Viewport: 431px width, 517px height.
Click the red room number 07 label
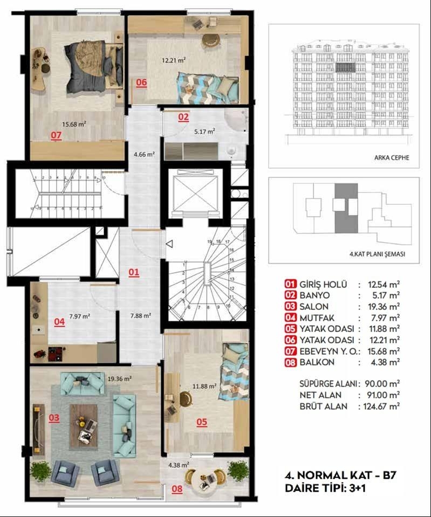(56, 135)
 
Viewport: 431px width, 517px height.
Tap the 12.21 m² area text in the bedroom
(174, 61)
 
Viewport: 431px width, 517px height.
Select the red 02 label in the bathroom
(183, 116)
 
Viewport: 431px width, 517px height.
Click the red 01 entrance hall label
(134, 272)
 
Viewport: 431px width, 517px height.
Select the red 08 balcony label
(177, 490)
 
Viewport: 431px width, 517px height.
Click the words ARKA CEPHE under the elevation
(392, 158)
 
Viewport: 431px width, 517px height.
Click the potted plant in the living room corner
(40, 471)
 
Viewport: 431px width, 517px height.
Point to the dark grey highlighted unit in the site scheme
(345, 208)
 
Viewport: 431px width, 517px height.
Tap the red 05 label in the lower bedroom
(201, 422)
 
